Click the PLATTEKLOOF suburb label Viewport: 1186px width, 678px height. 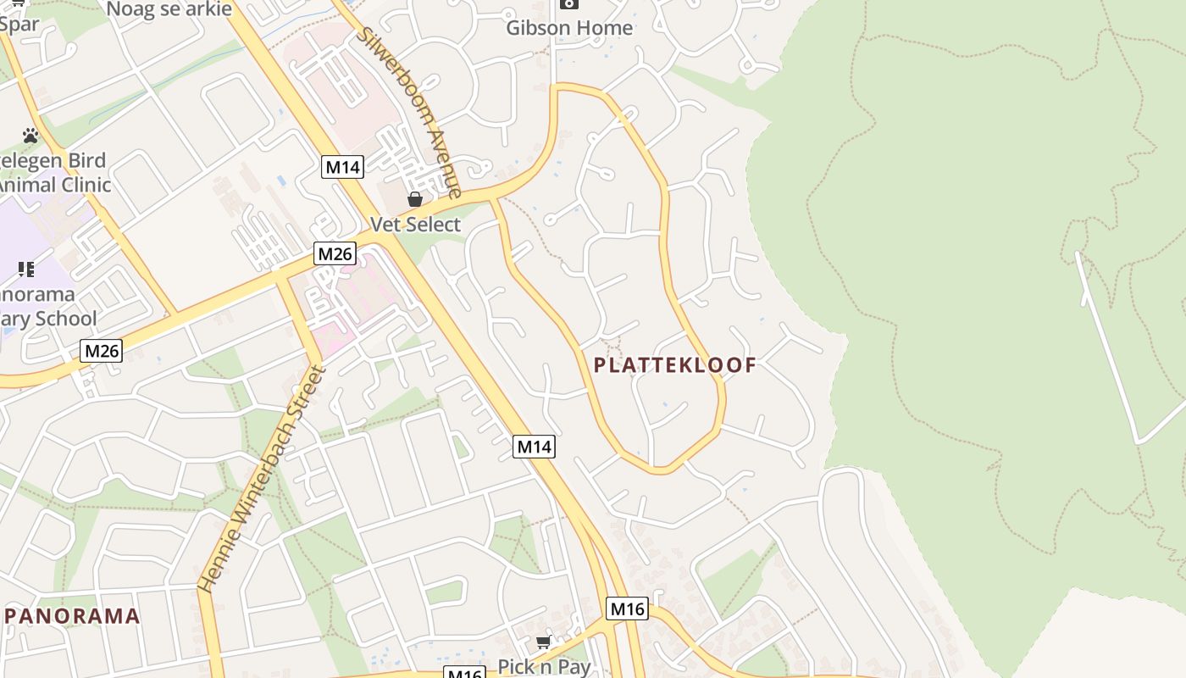674,365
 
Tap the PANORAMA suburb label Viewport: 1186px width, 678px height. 72,616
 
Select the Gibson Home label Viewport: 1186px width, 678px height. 569,28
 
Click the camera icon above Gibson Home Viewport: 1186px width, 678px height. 569,3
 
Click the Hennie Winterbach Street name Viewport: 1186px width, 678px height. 261,478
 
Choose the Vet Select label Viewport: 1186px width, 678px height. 416,225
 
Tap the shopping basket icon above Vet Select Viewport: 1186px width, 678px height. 415,200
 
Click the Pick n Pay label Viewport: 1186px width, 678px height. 544,666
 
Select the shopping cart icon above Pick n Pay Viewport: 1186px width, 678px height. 544,642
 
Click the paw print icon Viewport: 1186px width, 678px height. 30,136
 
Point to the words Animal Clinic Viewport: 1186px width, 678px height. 55,185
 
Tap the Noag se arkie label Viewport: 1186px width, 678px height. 169,8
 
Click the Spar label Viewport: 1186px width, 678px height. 19,24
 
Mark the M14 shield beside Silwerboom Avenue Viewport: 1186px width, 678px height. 343,167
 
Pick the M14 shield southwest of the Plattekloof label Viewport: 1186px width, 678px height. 534,446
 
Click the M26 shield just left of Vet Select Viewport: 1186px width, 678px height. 335,253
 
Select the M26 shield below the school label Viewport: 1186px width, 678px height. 102,351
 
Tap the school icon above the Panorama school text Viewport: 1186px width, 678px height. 26,270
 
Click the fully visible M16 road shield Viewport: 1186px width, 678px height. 627,608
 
